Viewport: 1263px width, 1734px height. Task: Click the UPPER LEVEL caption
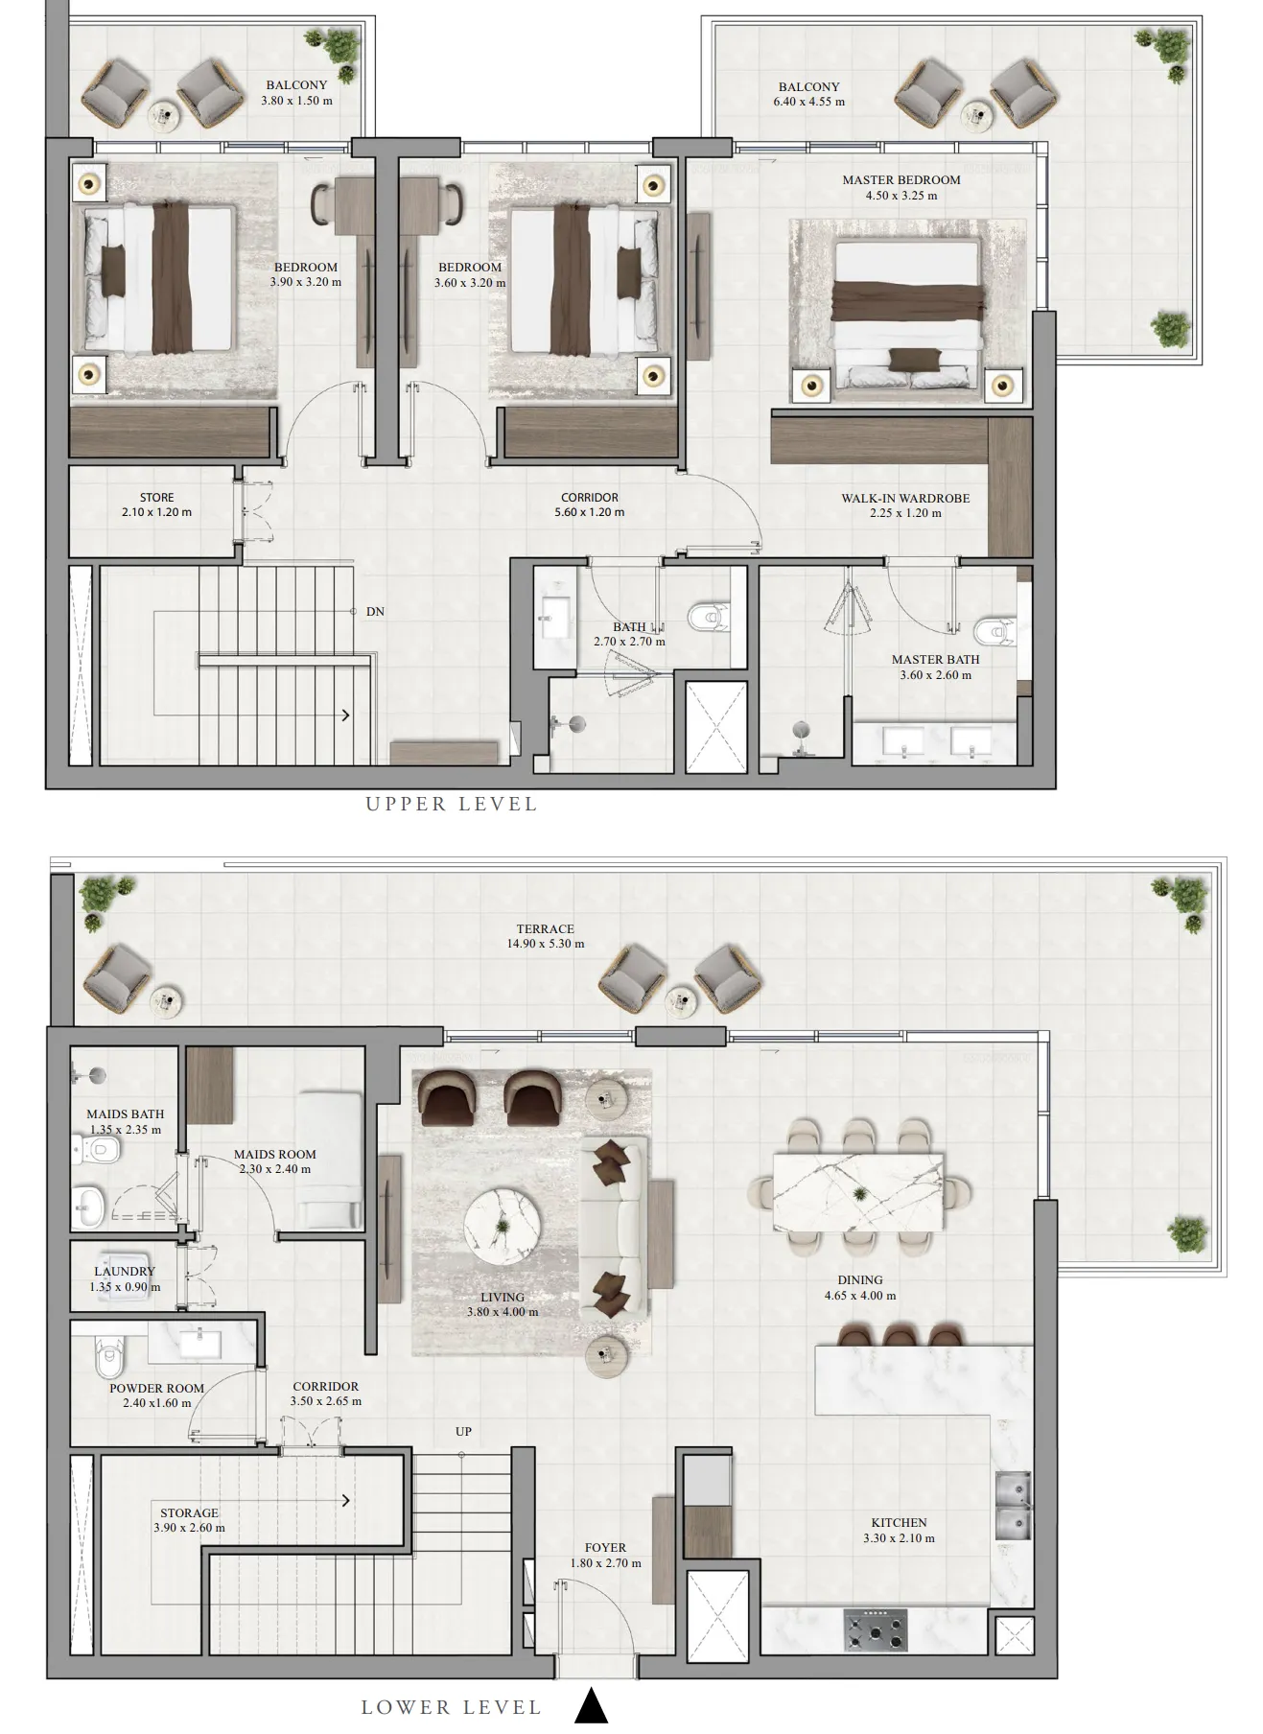click(452, 805)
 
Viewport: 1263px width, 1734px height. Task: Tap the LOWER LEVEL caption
click(452, 1707)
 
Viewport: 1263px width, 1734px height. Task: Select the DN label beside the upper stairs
click(375, 612)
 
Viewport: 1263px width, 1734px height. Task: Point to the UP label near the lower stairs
click(464, 1431)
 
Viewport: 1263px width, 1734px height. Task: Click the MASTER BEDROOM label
click(901, 179)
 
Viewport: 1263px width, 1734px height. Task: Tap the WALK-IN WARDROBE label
click(905, 498)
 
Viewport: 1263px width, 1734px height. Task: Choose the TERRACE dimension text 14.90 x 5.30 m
click(546, 944)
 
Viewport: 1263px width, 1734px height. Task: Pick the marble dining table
click(857, 1192)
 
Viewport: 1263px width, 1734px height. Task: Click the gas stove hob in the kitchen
click(876, 1630)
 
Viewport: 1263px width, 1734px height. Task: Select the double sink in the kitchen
click(1012, 1506)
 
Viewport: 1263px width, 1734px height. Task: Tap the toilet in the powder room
click(108, 1357)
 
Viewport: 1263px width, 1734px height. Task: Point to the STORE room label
click(157, 498)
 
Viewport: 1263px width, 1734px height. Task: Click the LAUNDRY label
click(125, 1272)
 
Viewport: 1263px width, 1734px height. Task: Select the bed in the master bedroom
click(906, 315)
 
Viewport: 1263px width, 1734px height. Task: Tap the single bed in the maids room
click(329, 1160)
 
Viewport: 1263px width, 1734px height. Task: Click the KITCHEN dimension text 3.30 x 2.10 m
click(899, 1538)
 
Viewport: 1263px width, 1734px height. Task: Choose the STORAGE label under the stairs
click(189, 1512)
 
